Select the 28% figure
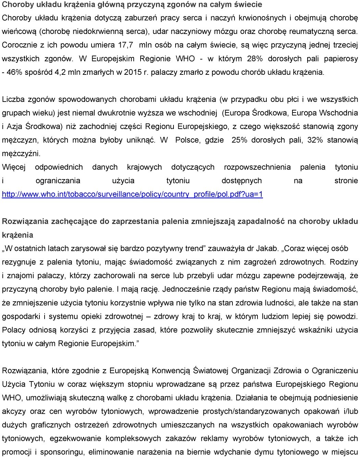[x=255, y=59]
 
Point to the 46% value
[x=14, y=72]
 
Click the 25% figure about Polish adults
[x=240, y=140]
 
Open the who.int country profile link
[x=132, y=195]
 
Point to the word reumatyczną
[x=311, y=32]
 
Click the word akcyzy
[x=14, y=411]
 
